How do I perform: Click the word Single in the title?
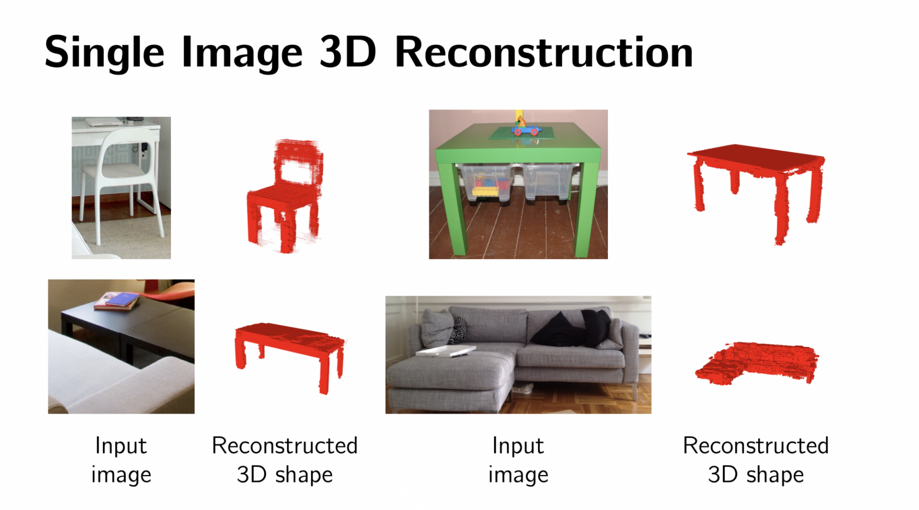click(104, 53)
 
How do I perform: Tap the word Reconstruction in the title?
click(544, 53)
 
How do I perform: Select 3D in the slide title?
click(347, 53)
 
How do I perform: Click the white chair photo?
click(121, 188)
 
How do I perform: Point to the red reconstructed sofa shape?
click(756, 363)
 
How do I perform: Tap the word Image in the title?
click(242, 53)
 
